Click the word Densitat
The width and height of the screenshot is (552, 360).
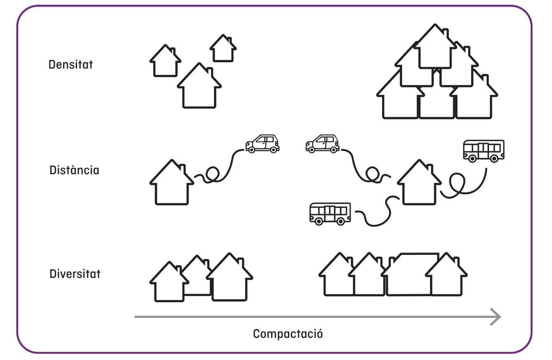(x=70, y=65)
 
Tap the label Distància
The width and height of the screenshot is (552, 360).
(x=74, y=170)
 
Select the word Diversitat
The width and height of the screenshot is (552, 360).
(x=75, y=274)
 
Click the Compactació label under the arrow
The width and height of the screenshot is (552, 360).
(x=288, y=334)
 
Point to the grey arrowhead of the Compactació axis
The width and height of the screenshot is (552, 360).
(x=496, y=317)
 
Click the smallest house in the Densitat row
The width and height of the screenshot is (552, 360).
(x=223, y=49)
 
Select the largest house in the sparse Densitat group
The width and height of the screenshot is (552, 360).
(x=199, y=89)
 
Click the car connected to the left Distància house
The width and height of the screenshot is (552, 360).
(x=262, y=144)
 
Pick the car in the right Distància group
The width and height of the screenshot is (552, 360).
(x=323, y=144)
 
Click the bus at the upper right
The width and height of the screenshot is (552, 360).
(x=483, y=150)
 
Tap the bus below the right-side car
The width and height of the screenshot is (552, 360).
(x=330, y=213)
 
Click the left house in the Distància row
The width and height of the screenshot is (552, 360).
(x=171, y=185)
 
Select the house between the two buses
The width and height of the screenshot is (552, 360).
(x=419, y=185)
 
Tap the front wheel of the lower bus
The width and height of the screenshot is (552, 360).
(x=318, y=221)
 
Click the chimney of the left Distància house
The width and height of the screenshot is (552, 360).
(x=182, y=169)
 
